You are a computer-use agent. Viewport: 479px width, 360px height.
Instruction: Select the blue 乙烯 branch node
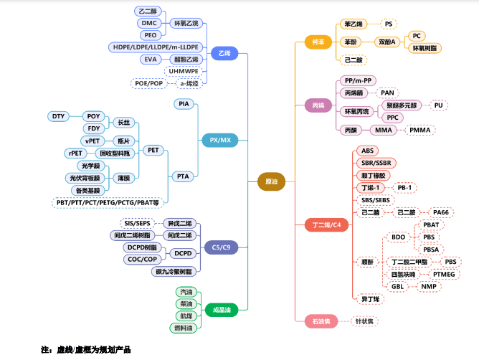click(225, 54)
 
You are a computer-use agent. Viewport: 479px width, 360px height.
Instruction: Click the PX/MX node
click(220, 139)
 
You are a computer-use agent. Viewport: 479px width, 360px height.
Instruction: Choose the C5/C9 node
click(222, 247)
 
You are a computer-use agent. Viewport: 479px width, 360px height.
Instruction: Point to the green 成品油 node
click(222, 310)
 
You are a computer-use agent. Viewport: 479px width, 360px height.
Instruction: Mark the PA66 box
click(440, 212)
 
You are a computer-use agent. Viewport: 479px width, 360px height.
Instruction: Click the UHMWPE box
click(184, 71)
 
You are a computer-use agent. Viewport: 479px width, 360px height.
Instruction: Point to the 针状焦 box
click(365, 321)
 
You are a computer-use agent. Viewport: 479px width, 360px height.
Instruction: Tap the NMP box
click(429, 287)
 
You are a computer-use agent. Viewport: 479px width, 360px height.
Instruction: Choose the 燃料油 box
click(186, 328)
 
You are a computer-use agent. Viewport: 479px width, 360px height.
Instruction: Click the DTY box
click(58, 116)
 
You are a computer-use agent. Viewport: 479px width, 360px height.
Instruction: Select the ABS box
click(367, 151)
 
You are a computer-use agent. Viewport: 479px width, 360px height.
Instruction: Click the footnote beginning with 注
click(86, 349)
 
